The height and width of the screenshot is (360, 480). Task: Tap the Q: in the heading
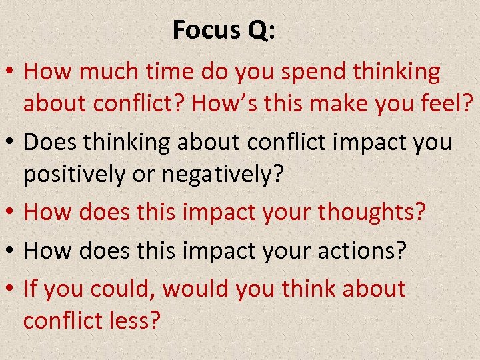tap(257, 30)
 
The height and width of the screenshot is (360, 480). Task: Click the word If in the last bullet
tap(29, 288)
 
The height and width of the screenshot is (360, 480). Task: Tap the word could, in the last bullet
tap(125, 288)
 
